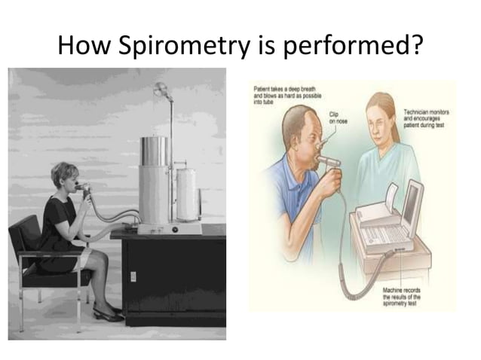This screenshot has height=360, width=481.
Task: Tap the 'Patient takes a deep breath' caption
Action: tap(278, 94)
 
